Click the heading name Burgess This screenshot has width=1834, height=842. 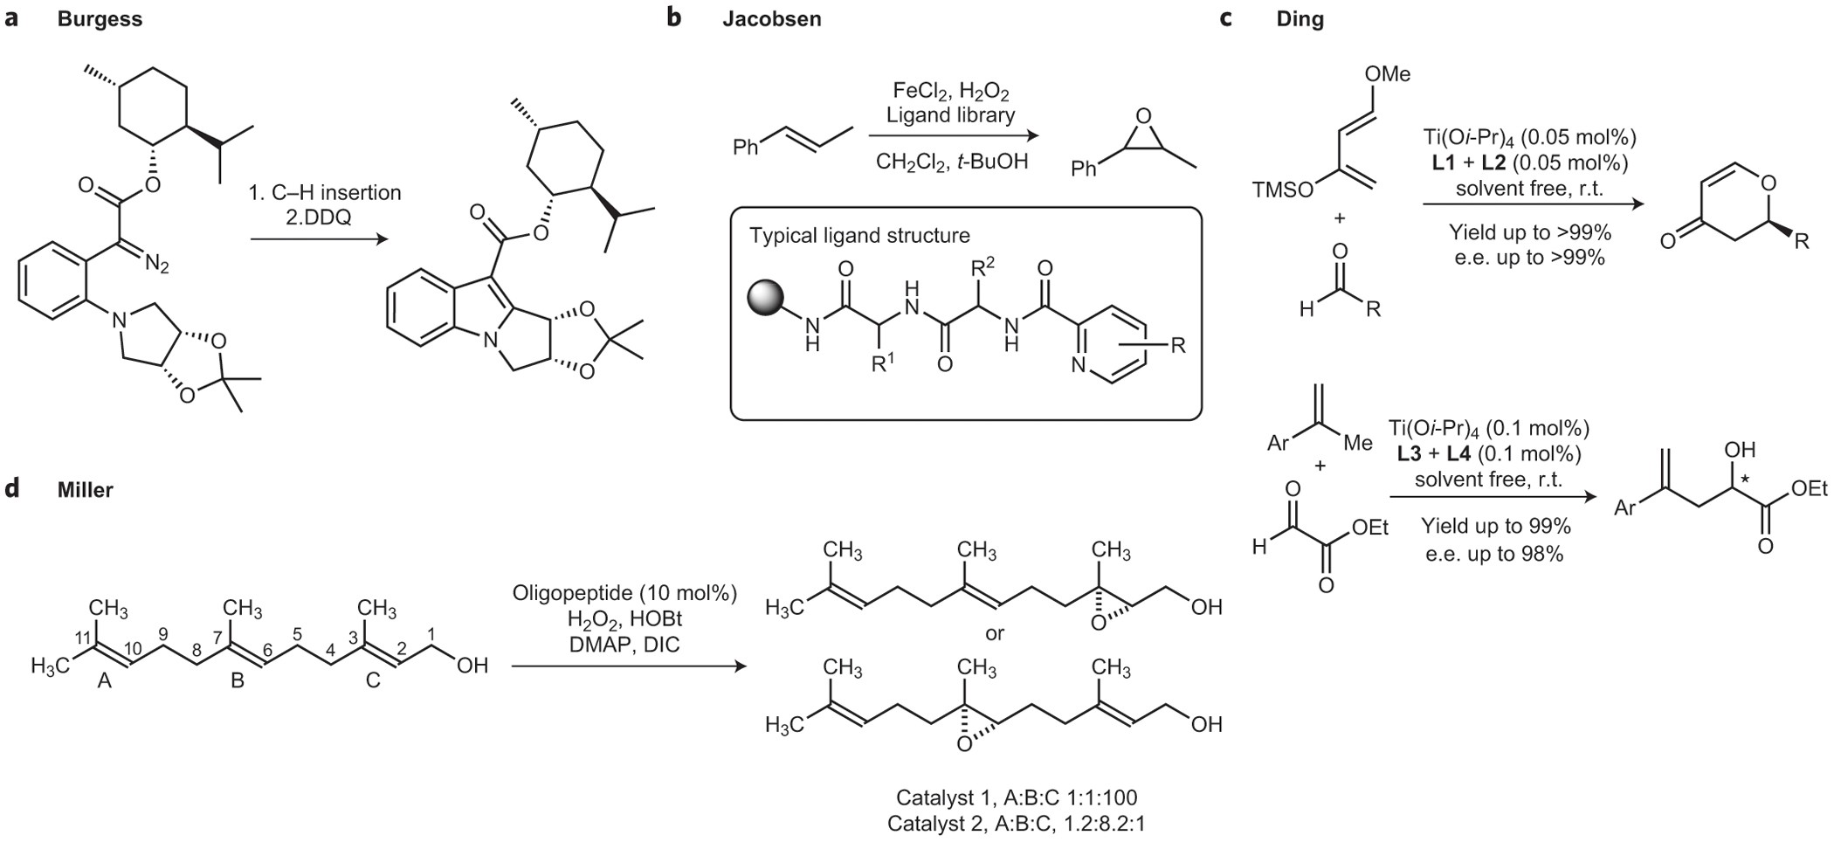point(100,20)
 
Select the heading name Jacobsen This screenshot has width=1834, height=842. point(771,20)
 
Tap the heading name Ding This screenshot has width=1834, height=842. point(1299,20)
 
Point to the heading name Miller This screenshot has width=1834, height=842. point(85,490)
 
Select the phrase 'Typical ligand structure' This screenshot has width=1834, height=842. point(859,236)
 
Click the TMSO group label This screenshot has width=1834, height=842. point(1282,189)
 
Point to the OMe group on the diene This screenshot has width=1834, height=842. point(1387,74)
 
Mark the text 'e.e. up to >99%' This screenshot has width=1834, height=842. point(1530,259)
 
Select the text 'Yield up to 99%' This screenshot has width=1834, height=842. point(1495,527)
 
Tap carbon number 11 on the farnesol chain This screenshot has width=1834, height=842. point(84,638)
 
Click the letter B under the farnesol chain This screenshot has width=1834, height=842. point(238,681)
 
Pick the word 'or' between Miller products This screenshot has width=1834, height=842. point(995,633)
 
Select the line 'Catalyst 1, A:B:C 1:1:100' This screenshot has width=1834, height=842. point(1017,797)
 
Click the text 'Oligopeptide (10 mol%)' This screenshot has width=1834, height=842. point(624,594)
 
